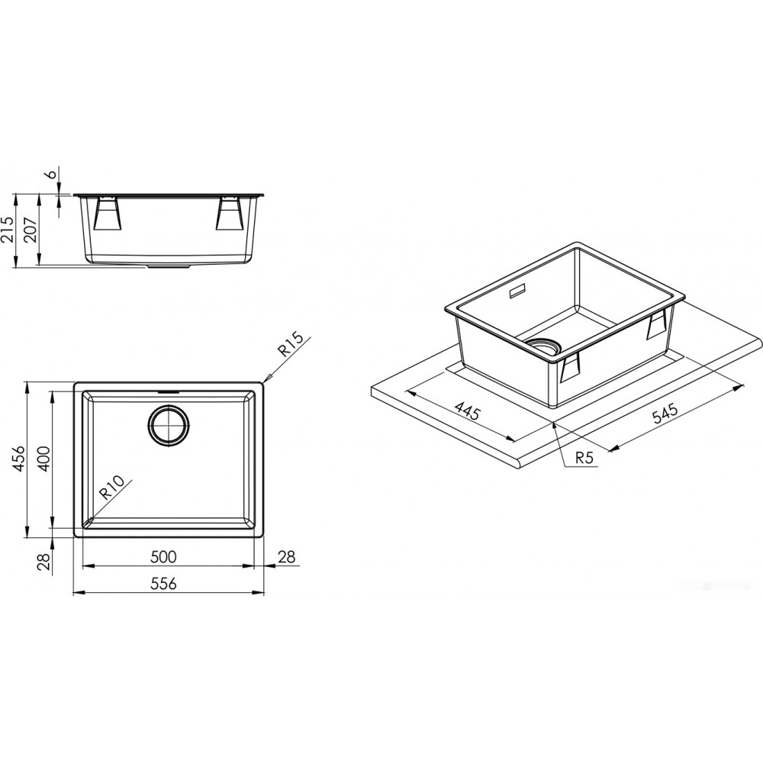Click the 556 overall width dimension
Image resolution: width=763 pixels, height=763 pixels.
point(163,583)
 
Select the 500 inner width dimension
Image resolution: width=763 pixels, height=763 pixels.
point(163,556)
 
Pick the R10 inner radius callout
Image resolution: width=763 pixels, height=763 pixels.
point(112,488)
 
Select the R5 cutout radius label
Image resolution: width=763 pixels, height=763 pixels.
point(585,457)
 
